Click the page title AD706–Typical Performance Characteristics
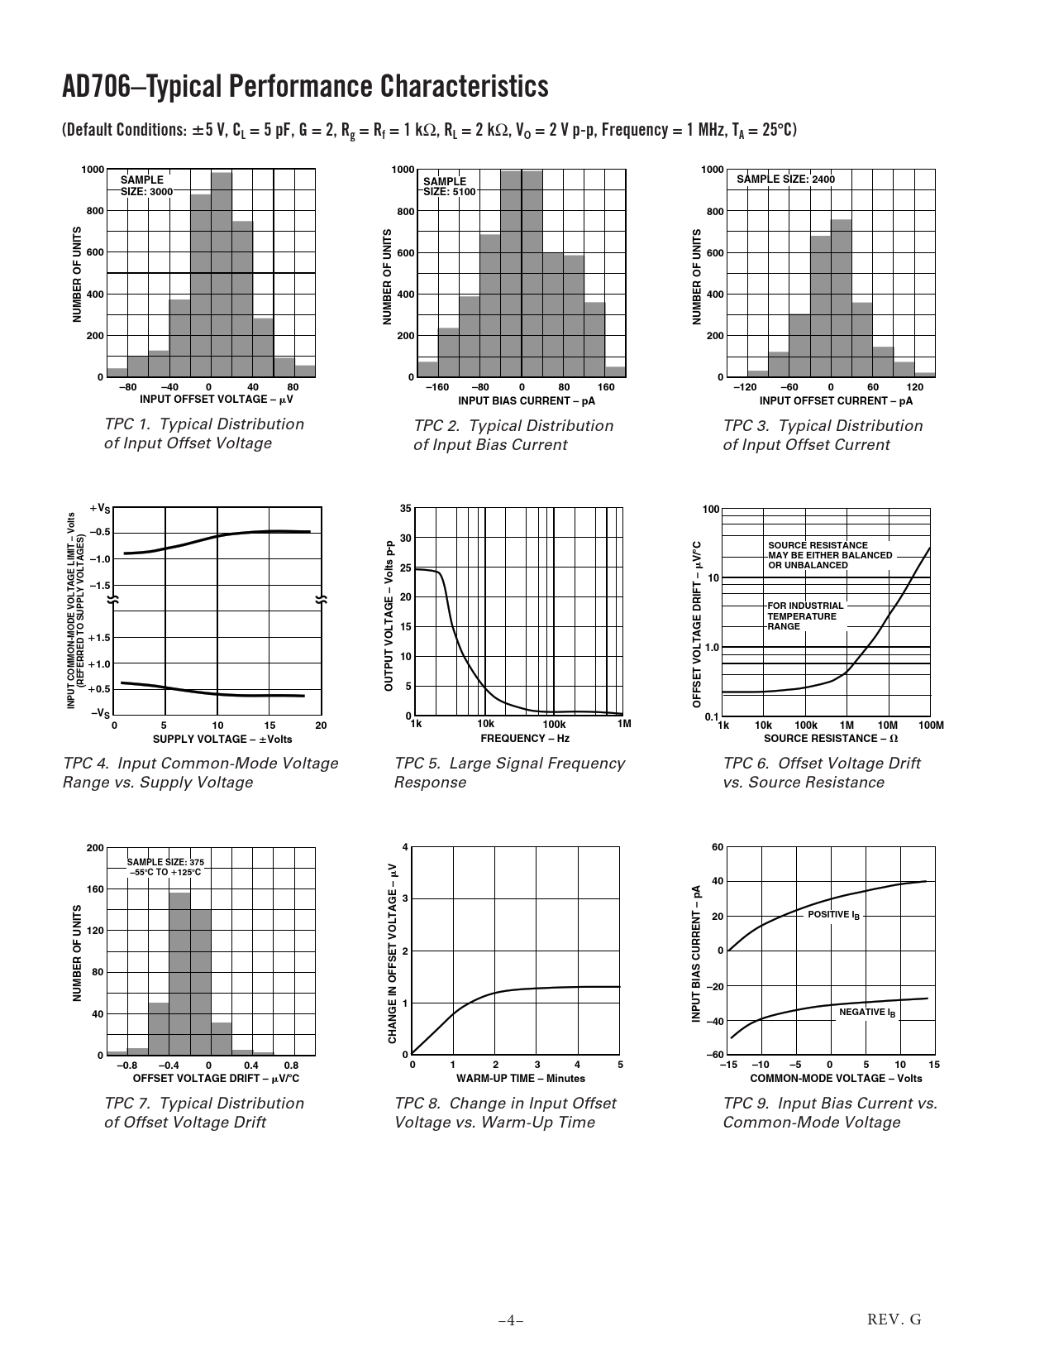(305, 87)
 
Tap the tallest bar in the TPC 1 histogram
(222, 274)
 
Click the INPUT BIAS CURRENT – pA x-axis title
(527, 401)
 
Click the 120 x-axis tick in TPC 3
(914, 387)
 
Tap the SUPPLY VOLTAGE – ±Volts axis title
(222, 739)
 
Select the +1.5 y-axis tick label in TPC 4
(99, 638)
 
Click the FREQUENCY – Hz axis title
(525, 738)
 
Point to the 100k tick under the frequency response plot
(554, 725)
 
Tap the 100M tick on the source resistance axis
(931, 726)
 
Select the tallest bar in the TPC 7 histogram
(180, 974)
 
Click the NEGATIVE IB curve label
(867, 1012)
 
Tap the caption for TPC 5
(509, 773)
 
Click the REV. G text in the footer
(894, 1319)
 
